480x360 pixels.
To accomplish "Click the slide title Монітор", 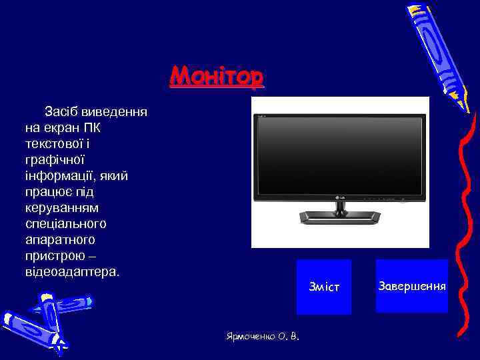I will click(217, 76).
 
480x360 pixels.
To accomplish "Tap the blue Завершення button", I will click(411, 286).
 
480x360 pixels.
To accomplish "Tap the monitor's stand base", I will click(340, 217).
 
